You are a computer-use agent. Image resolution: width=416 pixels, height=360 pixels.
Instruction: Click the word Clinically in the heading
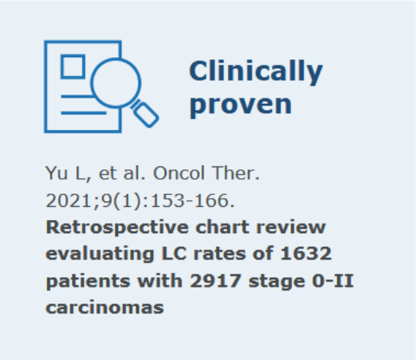pos(256,71)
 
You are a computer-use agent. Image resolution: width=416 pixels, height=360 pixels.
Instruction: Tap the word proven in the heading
pos(241,105)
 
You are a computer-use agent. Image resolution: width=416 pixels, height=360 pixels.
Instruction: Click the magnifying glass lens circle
pos(116,59)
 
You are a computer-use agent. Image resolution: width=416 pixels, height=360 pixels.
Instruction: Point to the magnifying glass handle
pos(146,114)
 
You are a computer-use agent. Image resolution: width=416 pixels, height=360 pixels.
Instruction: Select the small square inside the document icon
pos(73,67)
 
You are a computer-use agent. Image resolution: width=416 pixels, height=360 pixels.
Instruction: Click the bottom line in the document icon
pos(83,113)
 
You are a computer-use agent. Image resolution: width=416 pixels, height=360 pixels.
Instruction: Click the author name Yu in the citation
pos(56,173)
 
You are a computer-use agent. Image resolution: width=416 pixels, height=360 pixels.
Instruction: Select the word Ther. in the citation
pos(236,173)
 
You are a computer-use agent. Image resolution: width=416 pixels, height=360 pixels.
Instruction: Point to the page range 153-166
pos(193,201)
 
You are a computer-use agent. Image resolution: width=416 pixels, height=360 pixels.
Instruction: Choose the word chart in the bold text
pos(223,227)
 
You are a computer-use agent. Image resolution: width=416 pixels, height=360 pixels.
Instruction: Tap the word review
pos(291,228)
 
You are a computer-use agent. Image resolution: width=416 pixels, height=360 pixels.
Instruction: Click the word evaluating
pos(100,254)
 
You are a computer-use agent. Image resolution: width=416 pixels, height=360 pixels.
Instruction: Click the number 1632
pos(306,254)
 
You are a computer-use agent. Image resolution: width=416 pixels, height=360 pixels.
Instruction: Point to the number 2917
pos(215,281)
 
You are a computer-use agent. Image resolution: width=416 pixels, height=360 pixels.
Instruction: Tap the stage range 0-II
pos(333,281)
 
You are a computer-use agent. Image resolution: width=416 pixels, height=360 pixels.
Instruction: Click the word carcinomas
pos(105,308)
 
